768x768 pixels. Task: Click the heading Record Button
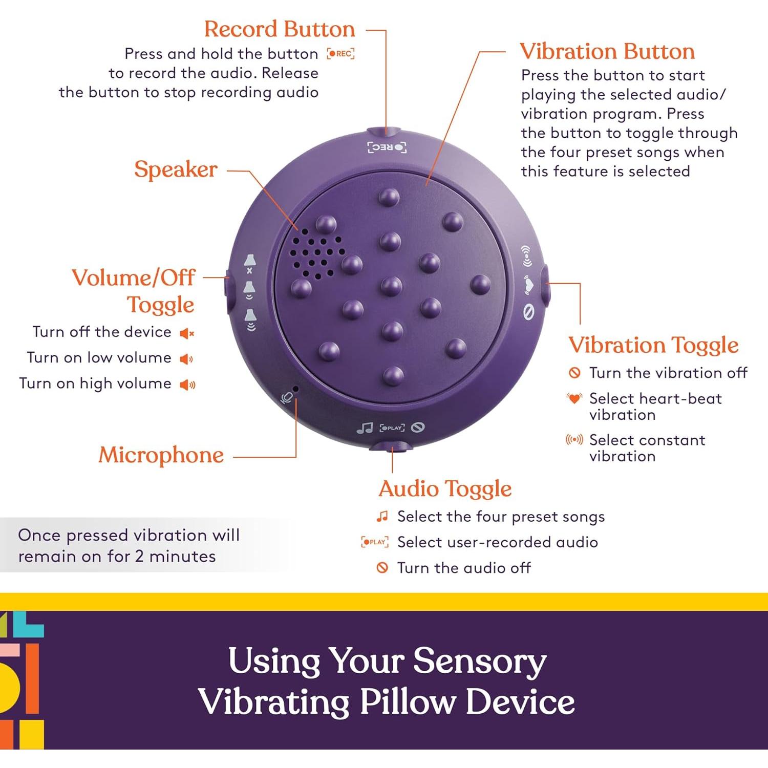(280, 29)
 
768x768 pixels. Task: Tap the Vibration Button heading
(607, 52)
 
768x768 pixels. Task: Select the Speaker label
(176, 170)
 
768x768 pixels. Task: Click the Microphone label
(161, 455)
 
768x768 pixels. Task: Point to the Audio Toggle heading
(445, 489)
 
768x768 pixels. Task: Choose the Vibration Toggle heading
(653, 345)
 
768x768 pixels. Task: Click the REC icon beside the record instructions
(341, 53)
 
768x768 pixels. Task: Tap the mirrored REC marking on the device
(387, 148)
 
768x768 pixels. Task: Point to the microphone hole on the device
(295, 389)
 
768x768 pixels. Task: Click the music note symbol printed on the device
(365, 428)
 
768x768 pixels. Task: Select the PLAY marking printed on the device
(392, 428)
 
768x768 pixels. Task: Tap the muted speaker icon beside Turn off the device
(187, 334)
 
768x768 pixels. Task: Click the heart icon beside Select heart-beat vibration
(574, 398)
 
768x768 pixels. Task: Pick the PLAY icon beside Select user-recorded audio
(375, 542)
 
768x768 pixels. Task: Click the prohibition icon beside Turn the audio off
(382, 567)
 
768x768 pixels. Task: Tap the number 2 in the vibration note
(139, 557)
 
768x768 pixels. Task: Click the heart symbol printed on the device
(528, 284)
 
